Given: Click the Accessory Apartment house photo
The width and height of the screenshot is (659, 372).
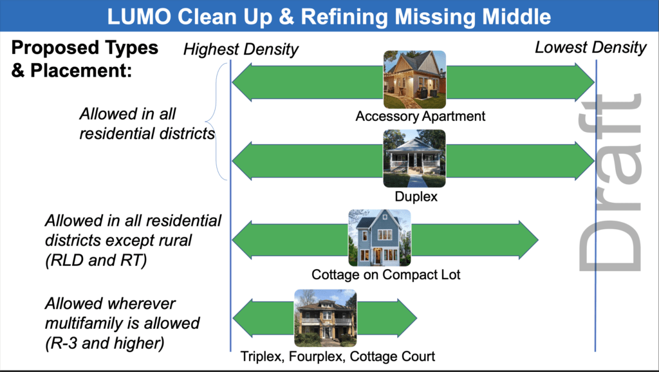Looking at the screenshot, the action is pyautogui.click(x=414, y=79).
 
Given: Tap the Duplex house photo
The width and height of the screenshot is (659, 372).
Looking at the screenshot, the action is pyautogui.click(x=414, y=158).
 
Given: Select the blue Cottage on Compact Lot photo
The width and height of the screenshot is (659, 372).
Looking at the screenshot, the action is pyautogui.click(x=380, y=238).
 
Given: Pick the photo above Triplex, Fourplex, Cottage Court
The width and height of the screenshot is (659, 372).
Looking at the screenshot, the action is pyautogui.click(x=325, y=318).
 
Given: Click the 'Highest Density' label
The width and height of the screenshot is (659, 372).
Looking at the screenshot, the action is pyautogui.click(x=241, y=50).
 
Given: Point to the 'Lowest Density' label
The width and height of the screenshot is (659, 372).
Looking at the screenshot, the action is pyautogui.click(x=591, y=48).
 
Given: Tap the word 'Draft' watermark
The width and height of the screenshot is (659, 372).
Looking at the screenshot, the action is pyautogui.click(x=610, y=182).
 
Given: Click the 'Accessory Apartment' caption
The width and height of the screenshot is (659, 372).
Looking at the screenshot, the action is pyautogui.click(x=420, y=116).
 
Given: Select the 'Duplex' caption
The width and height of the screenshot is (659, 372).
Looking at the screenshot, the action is pyautogui.click(x=416, y=196).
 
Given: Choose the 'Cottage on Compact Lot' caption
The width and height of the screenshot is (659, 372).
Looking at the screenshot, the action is pyautogui.click(x=386, y=275).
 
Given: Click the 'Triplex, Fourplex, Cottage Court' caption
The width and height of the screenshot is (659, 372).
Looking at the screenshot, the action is pyautogui.click(x=337, y=357).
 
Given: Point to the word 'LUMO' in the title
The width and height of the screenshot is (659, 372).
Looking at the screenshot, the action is pyautogui.click(x=139, y=16).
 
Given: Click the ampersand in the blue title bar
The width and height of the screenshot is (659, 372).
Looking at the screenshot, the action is pyautogui.click(x=286, y=16).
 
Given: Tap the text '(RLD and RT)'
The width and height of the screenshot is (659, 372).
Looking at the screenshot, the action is pyautogui.click(x=97, y=260).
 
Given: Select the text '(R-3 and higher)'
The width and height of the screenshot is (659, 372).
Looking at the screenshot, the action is pyautogui.click(x=105, y=343).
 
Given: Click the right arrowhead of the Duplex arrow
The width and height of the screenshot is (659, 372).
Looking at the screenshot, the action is pyautogui.click(x=584, y=161).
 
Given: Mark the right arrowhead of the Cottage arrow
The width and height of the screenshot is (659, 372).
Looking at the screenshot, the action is pyautogui.click(x=528, y=239).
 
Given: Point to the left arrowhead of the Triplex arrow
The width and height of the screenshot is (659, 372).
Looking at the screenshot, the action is pyautogui.click(x=243, y=318).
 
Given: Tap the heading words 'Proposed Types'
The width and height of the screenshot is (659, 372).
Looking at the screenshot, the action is pyautogui.click(x=84, y=48).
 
